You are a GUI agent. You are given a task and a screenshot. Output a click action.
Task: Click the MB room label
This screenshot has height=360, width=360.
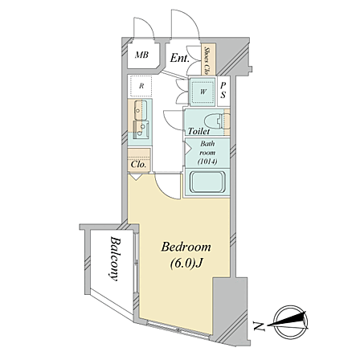coord(141,55)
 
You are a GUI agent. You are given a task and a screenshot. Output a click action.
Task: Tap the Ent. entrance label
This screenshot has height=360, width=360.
coord(180,58)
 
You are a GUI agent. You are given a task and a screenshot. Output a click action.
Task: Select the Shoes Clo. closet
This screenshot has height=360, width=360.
coord(208,59)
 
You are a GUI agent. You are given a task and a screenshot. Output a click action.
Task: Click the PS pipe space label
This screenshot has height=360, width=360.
coord(223,90)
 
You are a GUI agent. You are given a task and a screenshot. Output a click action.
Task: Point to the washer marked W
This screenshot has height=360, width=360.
coord(202,92)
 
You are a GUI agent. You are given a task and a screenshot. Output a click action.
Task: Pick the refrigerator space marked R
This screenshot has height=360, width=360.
coord(141,86)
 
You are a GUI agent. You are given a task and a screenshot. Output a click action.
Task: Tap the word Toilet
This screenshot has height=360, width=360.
coord(198,131)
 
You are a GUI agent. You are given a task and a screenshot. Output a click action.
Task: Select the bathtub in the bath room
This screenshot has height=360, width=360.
coord(207,182)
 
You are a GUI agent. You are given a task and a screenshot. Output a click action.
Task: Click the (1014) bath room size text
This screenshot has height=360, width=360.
coord(207,162)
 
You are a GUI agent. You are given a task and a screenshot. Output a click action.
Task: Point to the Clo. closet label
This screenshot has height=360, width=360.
coord(138,164)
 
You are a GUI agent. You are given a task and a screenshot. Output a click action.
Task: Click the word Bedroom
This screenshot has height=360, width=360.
coord(186,247)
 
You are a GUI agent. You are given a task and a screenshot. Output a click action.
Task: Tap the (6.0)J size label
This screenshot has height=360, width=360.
coord(186,264)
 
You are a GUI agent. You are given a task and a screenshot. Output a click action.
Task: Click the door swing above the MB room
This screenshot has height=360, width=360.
coord(144,27)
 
